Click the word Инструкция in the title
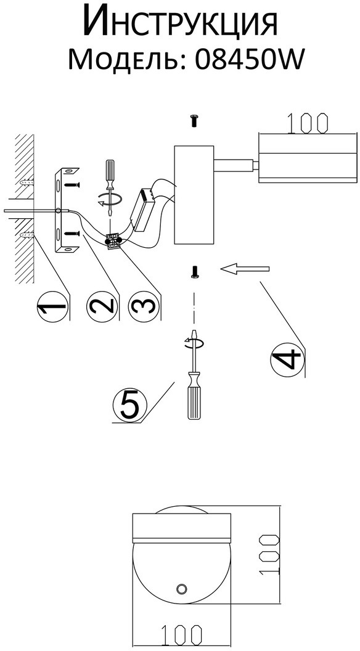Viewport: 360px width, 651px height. tap(180, 22)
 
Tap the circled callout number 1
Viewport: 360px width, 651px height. tap(52, 308)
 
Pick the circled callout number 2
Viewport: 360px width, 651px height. tap(102, 307)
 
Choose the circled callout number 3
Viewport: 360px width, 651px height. tap(143, 307)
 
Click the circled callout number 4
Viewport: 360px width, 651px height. tap(287, 361)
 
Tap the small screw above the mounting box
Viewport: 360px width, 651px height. tap(193, 120)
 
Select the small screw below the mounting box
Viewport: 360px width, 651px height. tap(194, 272)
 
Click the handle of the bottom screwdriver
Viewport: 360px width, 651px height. tap(194, 396)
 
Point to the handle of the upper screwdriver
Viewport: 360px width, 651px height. tap(110, 170)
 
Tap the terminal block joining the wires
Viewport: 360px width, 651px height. tap(113, 242)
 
